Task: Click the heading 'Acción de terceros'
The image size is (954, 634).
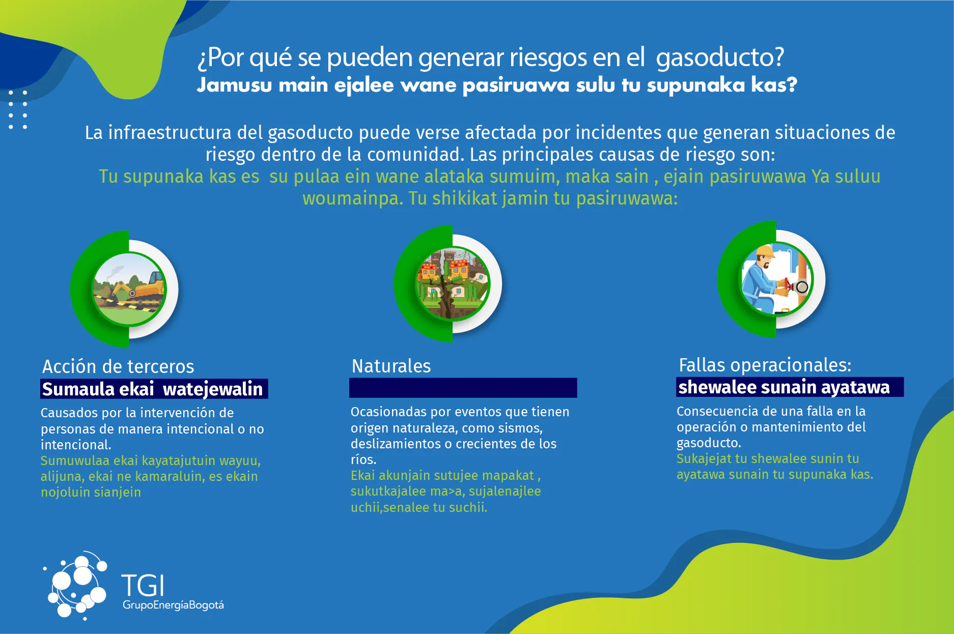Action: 118,366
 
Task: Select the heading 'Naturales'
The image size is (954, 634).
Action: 391,366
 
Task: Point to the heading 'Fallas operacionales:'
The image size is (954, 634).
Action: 765,365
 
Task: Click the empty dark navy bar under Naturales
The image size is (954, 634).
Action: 463,388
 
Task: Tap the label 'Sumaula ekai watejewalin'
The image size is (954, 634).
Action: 153,389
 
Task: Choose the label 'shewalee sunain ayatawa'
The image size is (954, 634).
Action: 784,387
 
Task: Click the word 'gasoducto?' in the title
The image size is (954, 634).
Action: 720,57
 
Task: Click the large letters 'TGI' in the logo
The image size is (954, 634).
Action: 143,586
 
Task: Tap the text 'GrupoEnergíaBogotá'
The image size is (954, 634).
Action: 173,605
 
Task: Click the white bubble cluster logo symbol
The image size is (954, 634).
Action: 76,585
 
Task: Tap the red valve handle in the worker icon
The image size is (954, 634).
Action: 788,285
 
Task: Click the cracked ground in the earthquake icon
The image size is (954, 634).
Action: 448,303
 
